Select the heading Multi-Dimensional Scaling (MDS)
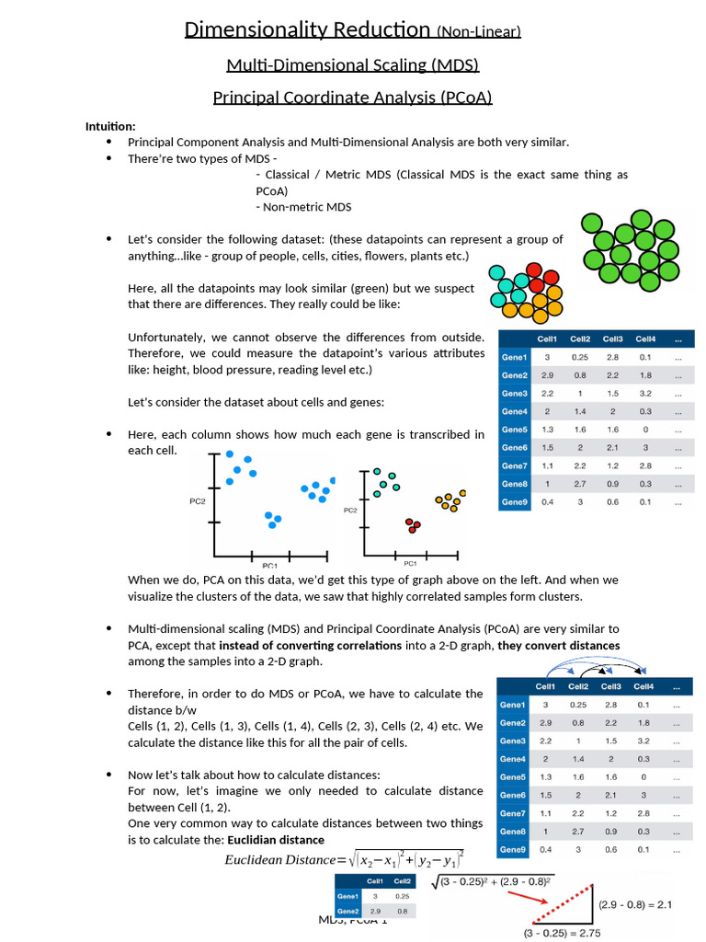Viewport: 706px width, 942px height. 353,65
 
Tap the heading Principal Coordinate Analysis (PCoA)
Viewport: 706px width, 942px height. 353,97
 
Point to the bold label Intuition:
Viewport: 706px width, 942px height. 110,126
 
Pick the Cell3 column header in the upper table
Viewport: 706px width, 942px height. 613,339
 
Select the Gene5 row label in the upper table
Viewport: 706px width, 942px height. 515,430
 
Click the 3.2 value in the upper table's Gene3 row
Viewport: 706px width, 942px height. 645,394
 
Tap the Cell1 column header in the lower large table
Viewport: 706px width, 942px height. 546,686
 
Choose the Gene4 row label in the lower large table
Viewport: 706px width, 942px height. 513,759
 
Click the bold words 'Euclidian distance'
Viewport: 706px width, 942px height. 276,840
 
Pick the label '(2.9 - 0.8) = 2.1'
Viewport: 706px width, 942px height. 635,905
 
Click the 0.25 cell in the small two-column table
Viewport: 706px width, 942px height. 401,896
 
